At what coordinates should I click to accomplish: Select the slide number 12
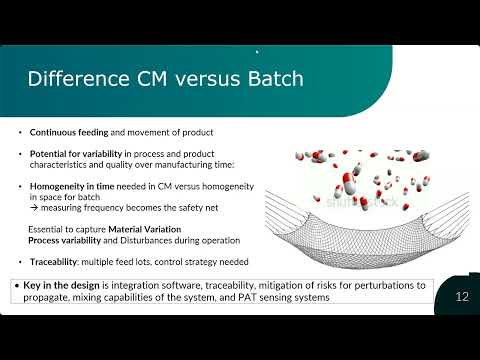click(462, 296)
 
